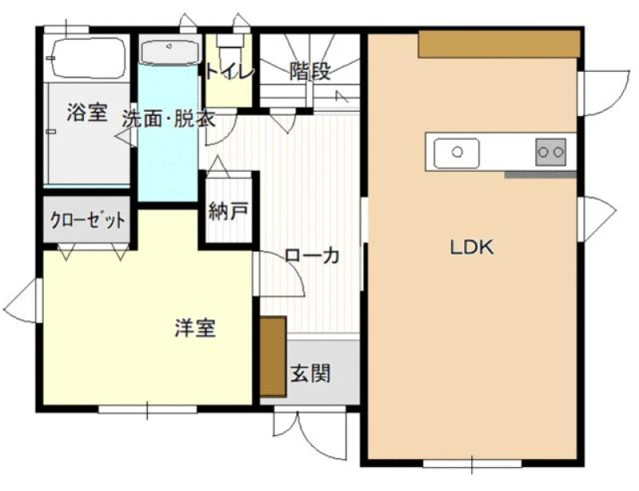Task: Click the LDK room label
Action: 472,247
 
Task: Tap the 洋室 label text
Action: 195,328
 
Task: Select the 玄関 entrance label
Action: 310,374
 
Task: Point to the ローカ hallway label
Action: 312,255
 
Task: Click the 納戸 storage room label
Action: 228,211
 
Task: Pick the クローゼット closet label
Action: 87,220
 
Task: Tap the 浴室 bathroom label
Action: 87,112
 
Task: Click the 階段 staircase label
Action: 310,71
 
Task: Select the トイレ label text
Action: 229,72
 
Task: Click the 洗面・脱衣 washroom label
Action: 169,119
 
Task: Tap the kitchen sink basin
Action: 456,152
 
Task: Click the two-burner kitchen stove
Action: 550,152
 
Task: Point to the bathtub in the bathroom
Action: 87,57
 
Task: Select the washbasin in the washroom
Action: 170,52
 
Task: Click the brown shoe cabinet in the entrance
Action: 272,356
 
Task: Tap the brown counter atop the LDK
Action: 498,44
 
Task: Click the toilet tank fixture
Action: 230,41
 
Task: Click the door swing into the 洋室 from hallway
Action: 278,274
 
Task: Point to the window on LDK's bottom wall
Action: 472,464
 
